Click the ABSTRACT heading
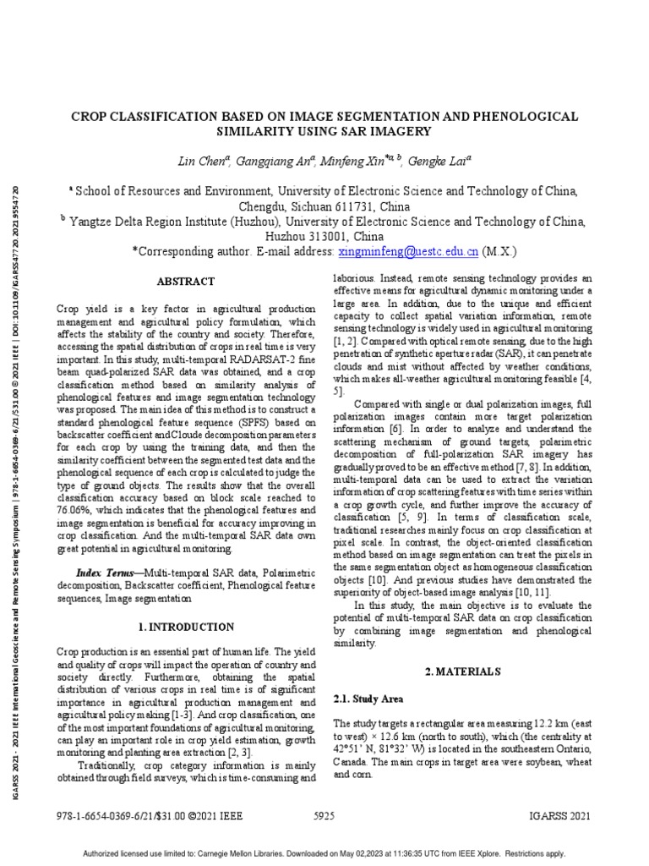186,282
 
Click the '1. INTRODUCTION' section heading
186,627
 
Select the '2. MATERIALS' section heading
463,671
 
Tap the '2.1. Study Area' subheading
369,699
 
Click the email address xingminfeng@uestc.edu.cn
409,251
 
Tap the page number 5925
324,816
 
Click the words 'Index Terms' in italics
103,573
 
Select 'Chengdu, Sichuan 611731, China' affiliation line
324,206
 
